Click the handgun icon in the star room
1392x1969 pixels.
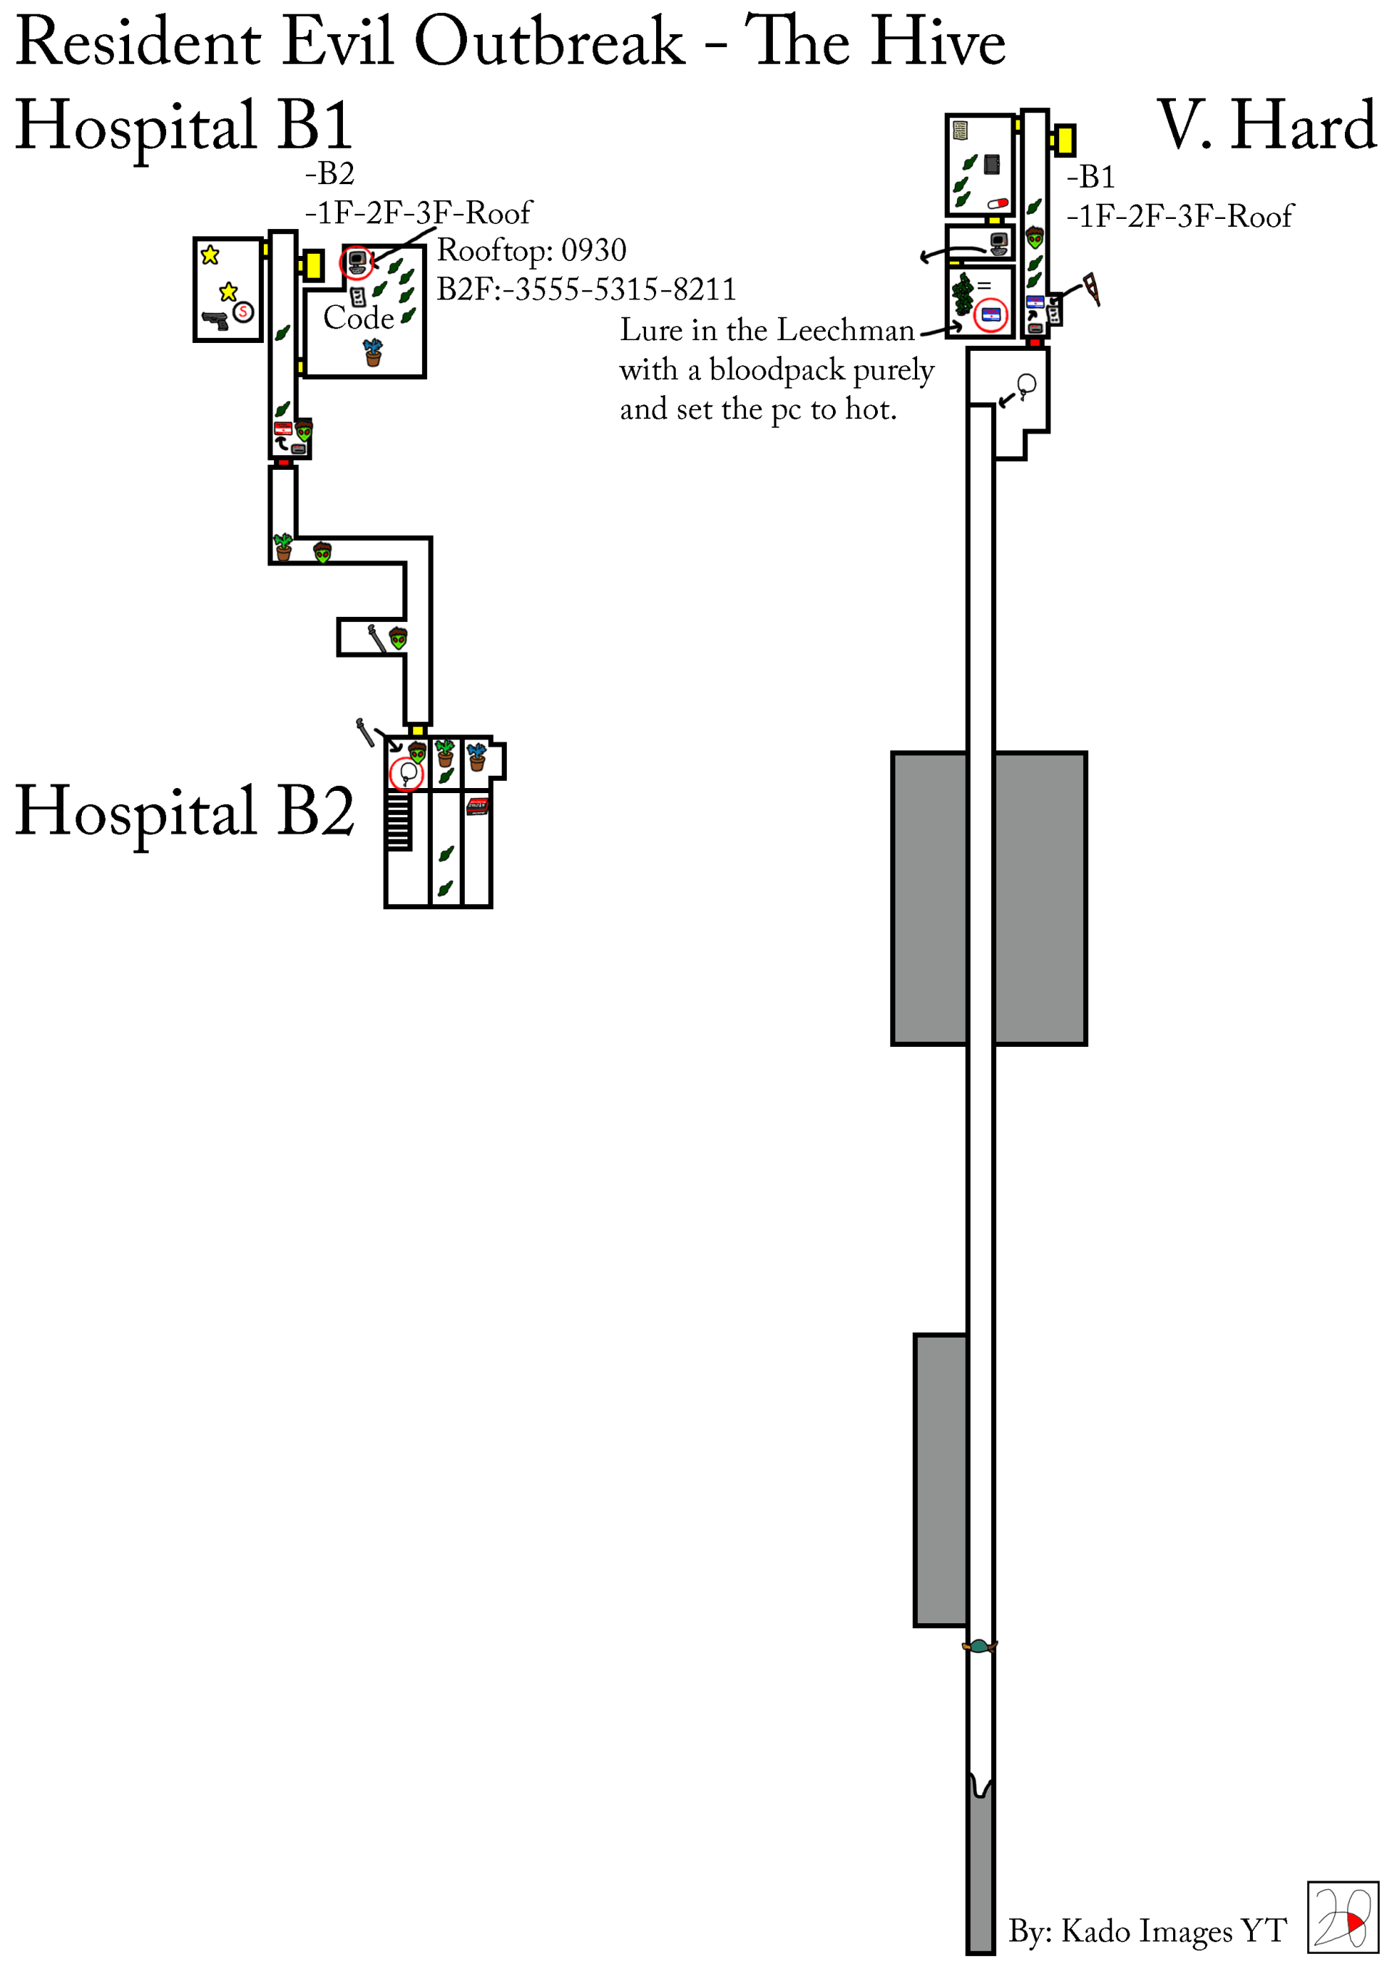coord(215,320)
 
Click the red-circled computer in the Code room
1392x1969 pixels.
coord(357,262)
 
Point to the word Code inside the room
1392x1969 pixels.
coord(358,318)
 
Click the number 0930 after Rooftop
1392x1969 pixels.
coord(594,250)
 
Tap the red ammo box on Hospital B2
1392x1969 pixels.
coord(477,806)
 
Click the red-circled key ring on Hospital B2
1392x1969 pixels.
coord(407,774)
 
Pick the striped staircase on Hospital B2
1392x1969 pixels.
coord(398,821)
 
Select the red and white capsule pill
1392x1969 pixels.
coord(998,203)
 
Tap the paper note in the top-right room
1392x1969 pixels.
coord(961,130)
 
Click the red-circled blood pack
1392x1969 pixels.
coord(990,315)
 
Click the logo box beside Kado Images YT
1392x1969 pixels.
coord(1342,1918)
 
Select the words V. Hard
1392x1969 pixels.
coord(1266,126)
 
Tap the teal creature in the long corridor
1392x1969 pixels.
coord(979,1646)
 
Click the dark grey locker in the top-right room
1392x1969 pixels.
coord(993,164)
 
